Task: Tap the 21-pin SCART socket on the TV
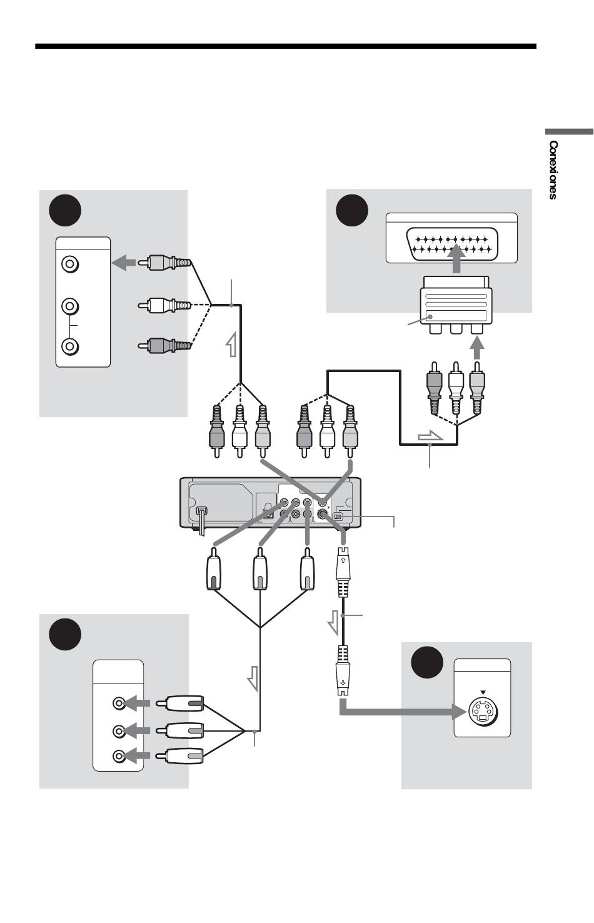click(451, 244)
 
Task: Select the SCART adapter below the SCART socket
click(456, 305)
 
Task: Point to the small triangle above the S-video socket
click(483, 693)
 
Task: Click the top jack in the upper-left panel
click(70, 264)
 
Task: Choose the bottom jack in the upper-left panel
click(70, 346)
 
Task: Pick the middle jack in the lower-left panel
click(119, 730)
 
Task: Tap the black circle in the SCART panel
click(351, 210)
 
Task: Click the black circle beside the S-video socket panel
click(427, 662)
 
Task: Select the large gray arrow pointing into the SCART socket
click(456, 259)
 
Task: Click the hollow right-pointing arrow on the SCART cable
click(430, 436)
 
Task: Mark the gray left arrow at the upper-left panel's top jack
click(123, 263)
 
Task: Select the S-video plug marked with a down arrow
click(343, 670)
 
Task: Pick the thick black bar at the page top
click(286, 46)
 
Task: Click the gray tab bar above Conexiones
click(569, 132)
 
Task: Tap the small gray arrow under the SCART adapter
click(477, 348)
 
